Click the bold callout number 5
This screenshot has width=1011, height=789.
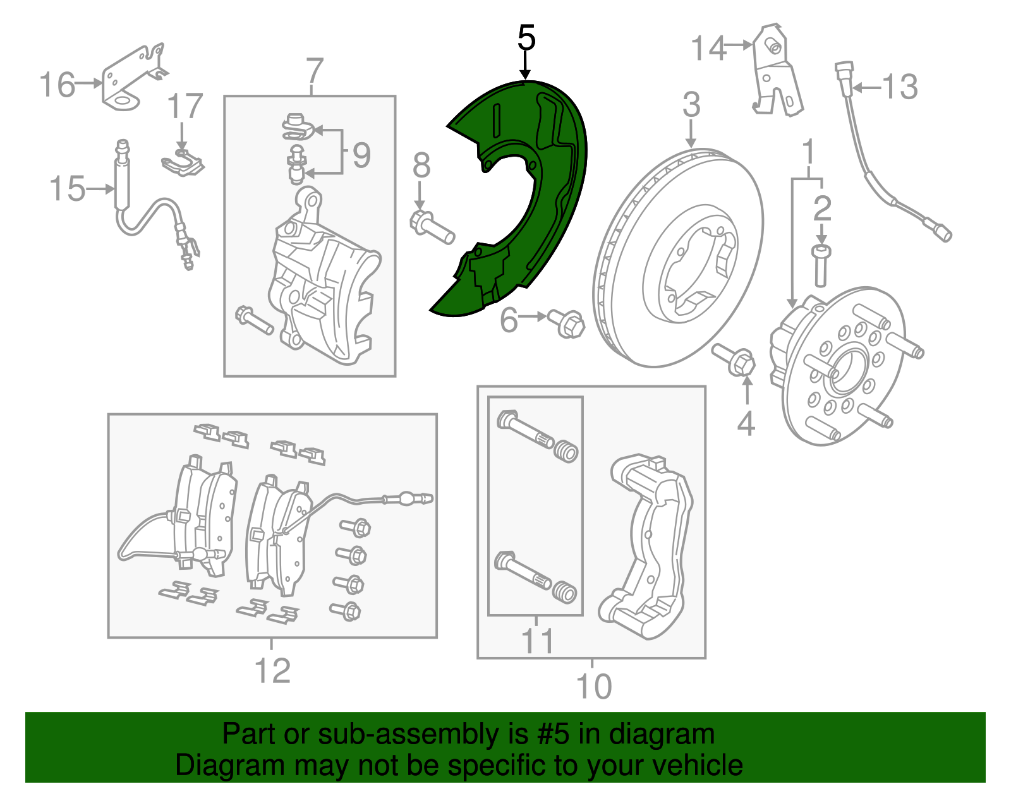526,37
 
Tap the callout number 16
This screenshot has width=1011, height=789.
57,85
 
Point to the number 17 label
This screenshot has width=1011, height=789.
185,106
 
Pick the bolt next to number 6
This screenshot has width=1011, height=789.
566,323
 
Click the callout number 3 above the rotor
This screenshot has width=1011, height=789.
691,105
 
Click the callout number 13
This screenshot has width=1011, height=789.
900,87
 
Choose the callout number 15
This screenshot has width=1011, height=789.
68,189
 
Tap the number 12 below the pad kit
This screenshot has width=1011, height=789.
272,670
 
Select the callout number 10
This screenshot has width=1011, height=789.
594,686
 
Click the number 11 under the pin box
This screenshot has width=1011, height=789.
538,641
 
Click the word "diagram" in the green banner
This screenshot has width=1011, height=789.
662,734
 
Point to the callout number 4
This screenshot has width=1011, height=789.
746,424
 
